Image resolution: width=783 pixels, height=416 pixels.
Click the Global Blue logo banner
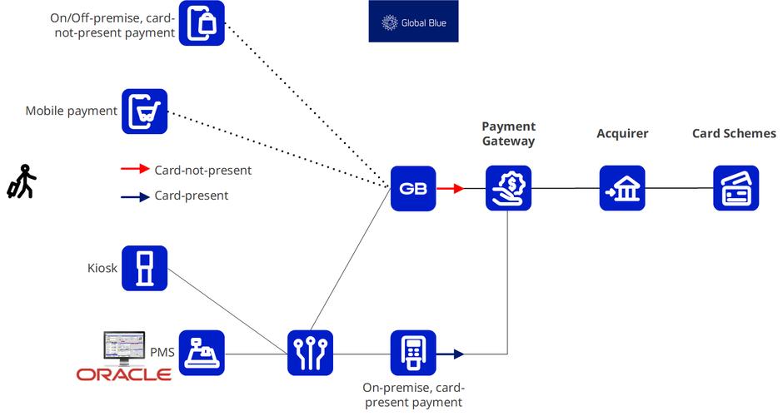coord(413,22)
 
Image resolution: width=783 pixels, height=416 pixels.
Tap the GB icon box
coord(413,188)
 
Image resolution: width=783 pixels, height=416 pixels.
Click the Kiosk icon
coord(145,268)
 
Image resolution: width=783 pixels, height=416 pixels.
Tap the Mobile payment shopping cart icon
coord(145,111)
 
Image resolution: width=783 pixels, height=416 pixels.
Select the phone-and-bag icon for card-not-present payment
coord(202,23)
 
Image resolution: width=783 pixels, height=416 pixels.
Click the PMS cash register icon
coord(202,353)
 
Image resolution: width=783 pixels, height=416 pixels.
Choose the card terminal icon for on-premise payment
coord(413,353)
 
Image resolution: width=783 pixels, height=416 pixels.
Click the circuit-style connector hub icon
coord(310,353)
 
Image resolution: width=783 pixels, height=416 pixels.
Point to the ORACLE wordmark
coord(124,374)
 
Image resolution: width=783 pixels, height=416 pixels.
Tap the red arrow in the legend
coord(135,170)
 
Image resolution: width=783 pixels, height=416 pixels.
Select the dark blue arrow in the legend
coord(135,196)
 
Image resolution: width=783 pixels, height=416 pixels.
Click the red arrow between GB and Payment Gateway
coord(451,189)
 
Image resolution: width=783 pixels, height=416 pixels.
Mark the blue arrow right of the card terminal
coord(451,354)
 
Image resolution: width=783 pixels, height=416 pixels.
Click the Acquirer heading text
coord(622,134)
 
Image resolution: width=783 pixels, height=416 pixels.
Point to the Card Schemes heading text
coord(734,134)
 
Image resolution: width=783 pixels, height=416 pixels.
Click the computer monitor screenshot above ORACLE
coord(124,348)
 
